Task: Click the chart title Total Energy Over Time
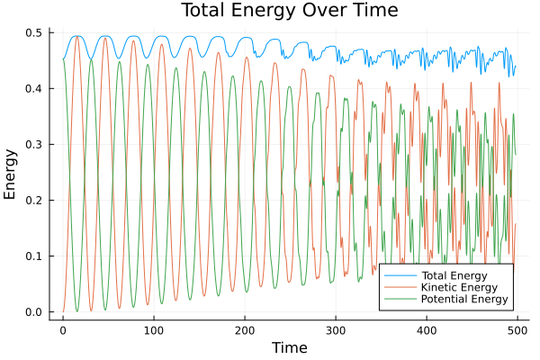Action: [x=277, y=11]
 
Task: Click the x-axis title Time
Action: [x=290, y=347]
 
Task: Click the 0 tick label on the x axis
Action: [x=63, y=329]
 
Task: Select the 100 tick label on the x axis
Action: [x=154, y=329]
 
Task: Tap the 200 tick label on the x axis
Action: [x=245, y=329]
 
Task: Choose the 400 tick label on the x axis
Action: [x=427, y=329]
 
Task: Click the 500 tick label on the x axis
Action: [x=517, y=329]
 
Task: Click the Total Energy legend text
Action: [x=454, y=274]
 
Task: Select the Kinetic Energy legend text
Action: [x=457, y=287]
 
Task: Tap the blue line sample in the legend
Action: [x=396, y=274]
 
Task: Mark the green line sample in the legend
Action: [x=396, y=299]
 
